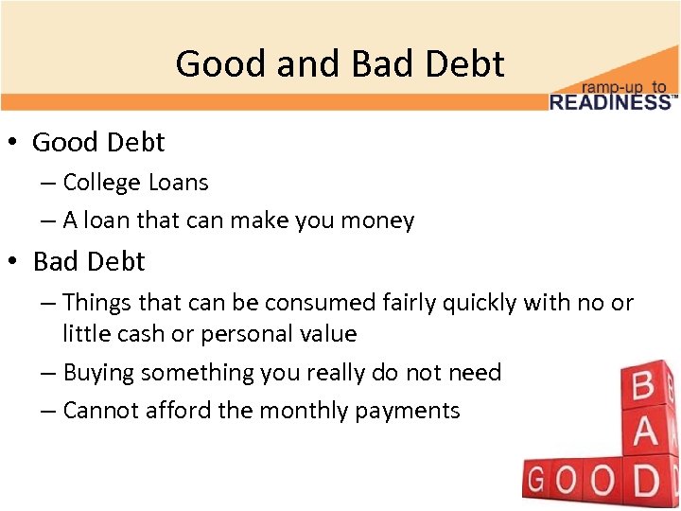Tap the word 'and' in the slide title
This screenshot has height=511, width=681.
[x=313, y=64]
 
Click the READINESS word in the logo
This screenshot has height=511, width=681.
[x=612, y=101]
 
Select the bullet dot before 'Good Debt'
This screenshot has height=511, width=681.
[x=16, y=143]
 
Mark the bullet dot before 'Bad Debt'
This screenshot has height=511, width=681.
[x=16, y=261]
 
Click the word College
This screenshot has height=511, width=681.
[x=101, y=183]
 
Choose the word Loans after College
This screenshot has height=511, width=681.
[x=177, y=183]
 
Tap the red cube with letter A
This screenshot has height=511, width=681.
[x=643, y=433]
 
